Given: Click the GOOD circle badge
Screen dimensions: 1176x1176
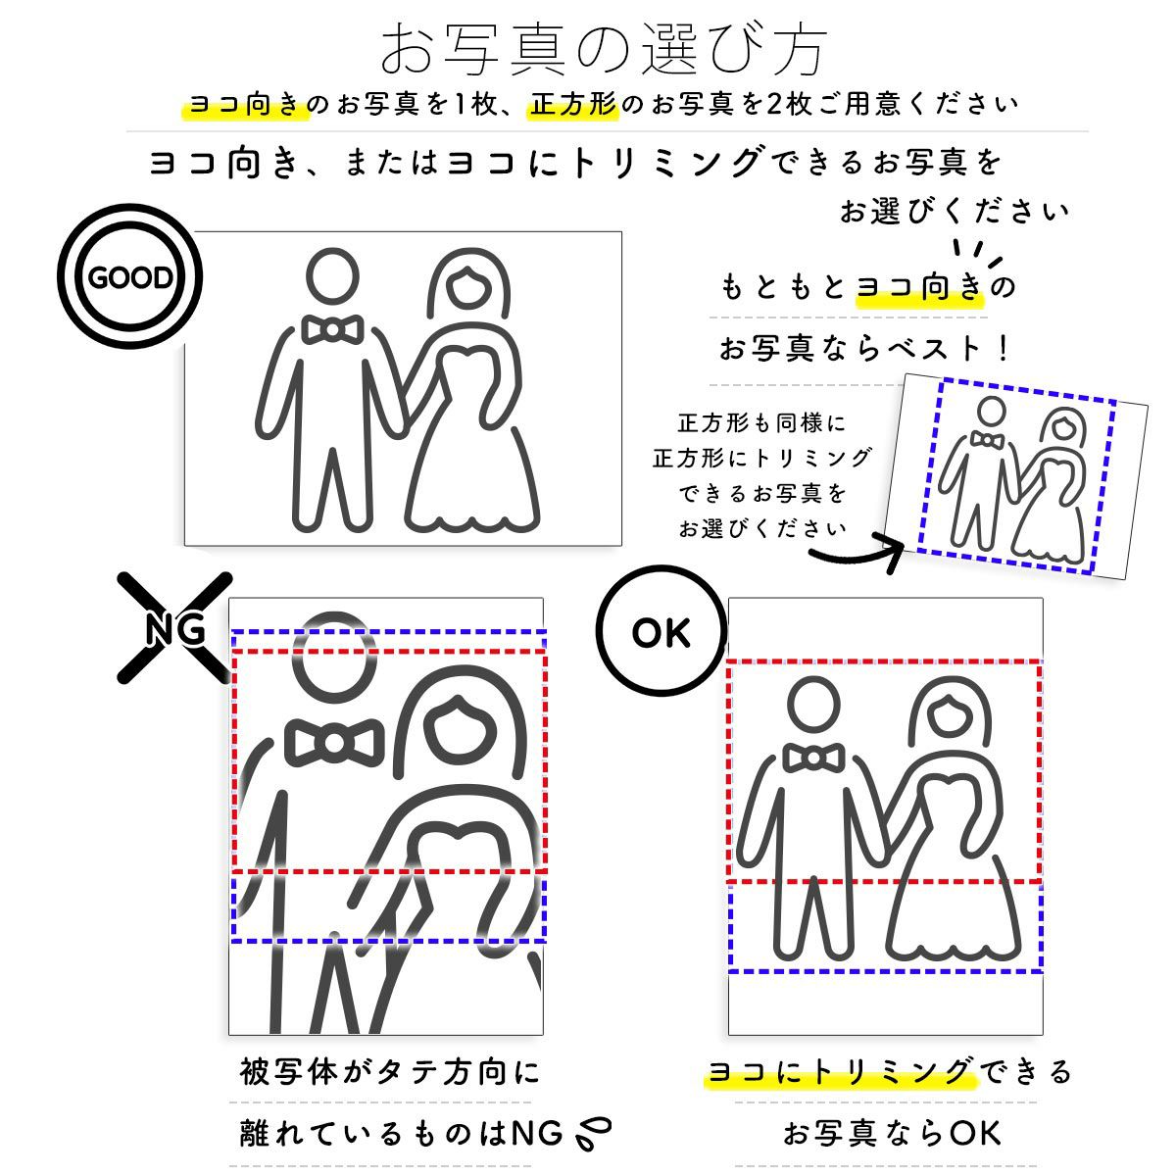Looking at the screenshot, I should tap(129, 277).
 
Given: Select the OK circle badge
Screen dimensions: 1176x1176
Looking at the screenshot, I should tap(661, 633).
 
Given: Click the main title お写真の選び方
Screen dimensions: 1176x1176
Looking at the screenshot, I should tap(604, 49).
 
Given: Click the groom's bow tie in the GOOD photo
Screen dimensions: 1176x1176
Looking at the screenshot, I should tap(333, 329).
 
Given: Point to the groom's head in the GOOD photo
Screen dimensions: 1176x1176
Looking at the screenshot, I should tap(332, 277).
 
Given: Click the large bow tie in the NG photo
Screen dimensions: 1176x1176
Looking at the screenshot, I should tap(333, 743).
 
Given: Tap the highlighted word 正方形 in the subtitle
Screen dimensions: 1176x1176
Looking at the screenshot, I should tap(574, 104).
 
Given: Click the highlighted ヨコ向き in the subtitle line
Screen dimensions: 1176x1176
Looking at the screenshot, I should tap(245, 104).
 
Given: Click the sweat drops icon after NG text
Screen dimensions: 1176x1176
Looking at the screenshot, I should tap(594, 1134).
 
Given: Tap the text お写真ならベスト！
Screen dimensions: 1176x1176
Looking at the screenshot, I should tap(864, 348).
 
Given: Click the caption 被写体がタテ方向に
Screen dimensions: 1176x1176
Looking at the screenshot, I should tap(389, 1071).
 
